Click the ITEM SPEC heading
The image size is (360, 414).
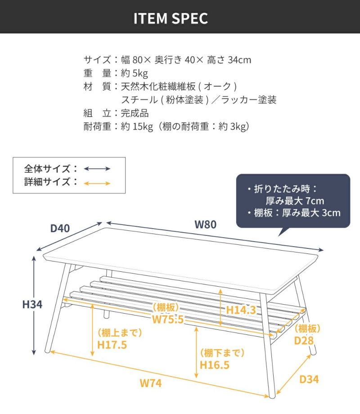point(171,18)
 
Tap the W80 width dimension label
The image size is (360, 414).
point(206,225)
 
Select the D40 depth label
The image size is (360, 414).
point(60,229)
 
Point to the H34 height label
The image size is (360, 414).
point(32,305)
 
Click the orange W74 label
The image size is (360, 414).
point(151,383)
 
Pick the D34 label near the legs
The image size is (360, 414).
point(309,379)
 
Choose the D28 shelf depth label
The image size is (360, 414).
point(304,341)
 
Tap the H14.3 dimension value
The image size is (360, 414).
point(241,310)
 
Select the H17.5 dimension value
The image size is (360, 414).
point(112,345)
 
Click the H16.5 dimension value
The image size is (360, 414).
point(215,365)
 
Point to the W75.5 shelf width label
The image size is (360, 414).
point(168,319)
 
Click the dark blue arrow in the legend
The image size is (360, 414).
point(97,169)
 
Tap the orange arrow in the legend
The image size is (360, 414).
point(97,183)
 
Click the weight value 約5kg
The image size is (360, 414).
point(135,73)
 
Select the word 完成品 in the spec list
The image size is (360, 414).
point(135,113)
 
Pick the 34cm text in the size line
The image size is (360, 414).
point(239,60)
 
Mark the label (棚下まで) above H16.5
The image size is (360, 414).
point(222,353)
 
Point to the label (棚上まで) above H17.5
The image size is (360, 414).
point(120,333)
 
